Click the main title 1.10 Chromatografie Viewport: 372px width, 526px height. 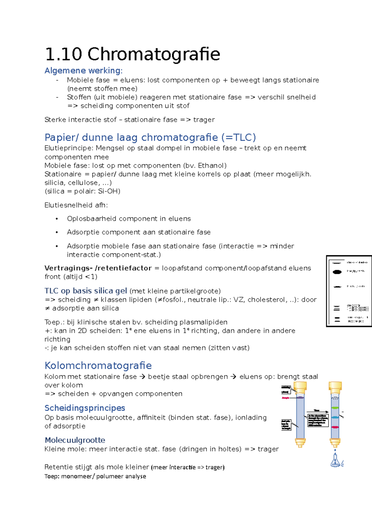pyautogui.click(x=132, y=54)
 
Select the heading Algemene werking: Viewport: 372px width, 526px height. pyautogui.click(x=83, y=71)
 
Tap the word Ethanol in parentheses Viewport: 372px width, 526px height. pyautogui.click(x=211, y=165)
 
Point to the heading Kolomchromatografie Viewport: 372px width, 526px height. pyautogui.click(x=98, y=366)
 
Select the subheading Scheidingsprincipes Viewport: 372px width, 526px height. pyautogui.click(x=85, y=408)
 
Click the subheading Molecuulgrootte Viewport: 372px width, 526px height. pyautogui.click(x=75, y=440)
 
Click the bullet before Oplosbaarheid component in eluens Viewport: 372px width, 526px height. pyautogui.click(x=57, y=219)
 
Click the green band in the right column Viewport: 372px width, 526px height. pyautogui.click(x=335, y=408)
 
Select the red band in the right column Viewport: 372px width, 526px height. pyautogui.click(x=335, y=427)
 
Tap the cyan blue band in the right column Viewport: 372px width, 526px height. pyautogui.click(x=335, y=417)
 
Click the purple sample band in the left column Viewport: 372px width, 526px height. pyautogui.click(x=300, y=397)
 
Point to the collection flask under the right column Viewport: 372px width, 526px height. pyautogui.click(x=335, y=461)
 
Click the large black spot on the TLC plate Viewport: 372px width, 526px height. pyautogui.click(x=337, y=272)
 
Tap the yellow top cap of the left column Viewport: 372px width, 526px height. pyautogui.click(x=300, y=387)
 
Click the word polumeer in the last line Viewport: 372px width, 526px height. pyautogui.click(x=108, y=476)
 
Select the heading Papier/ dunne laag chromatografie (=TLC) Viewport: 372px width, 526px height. pyautogui.click(x=150, y=137)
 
